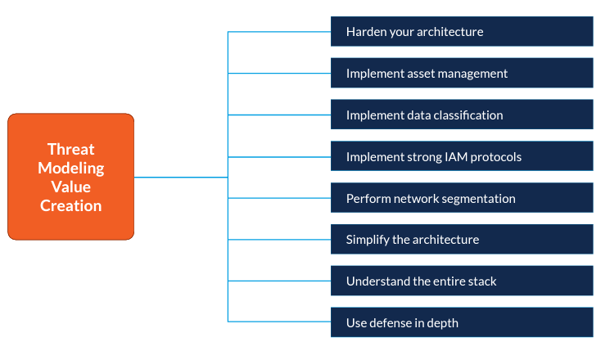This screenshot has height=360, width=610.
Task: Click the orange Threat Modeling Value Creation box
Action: (x=70, y=177)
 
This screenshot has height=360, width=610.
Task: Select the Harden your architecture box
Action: (x=462, y=31)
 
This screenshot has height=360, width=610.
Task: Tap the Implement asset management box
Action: (x=462, y=73)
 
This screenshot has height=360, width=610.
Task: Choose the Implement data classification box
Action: (x=462, y=115)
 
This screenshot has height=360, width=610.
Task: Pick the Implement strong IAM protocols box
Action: (x=462, y=156)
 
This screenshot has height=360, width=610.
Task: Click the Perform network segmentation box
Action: (x=462, y=198)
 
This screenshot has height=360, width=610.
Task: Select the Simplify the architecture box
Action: (x=462, y=240)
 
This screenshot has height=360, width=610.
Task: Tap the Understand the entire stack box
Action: (x=462, y=281)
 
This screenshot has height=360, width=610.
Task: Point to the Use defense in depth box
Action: (x=462, y=322)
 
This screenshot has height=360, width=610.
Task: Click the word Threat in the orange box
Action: (x=70, y=149)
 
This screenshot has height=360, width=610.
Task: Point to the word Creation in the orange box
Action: (x=70, y=205)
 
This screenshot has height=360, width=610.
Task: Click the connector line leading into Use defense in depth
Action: (x=279, y=322)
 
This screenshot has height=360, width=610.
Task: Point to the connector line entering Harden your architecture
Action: (x=279, y=31)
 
